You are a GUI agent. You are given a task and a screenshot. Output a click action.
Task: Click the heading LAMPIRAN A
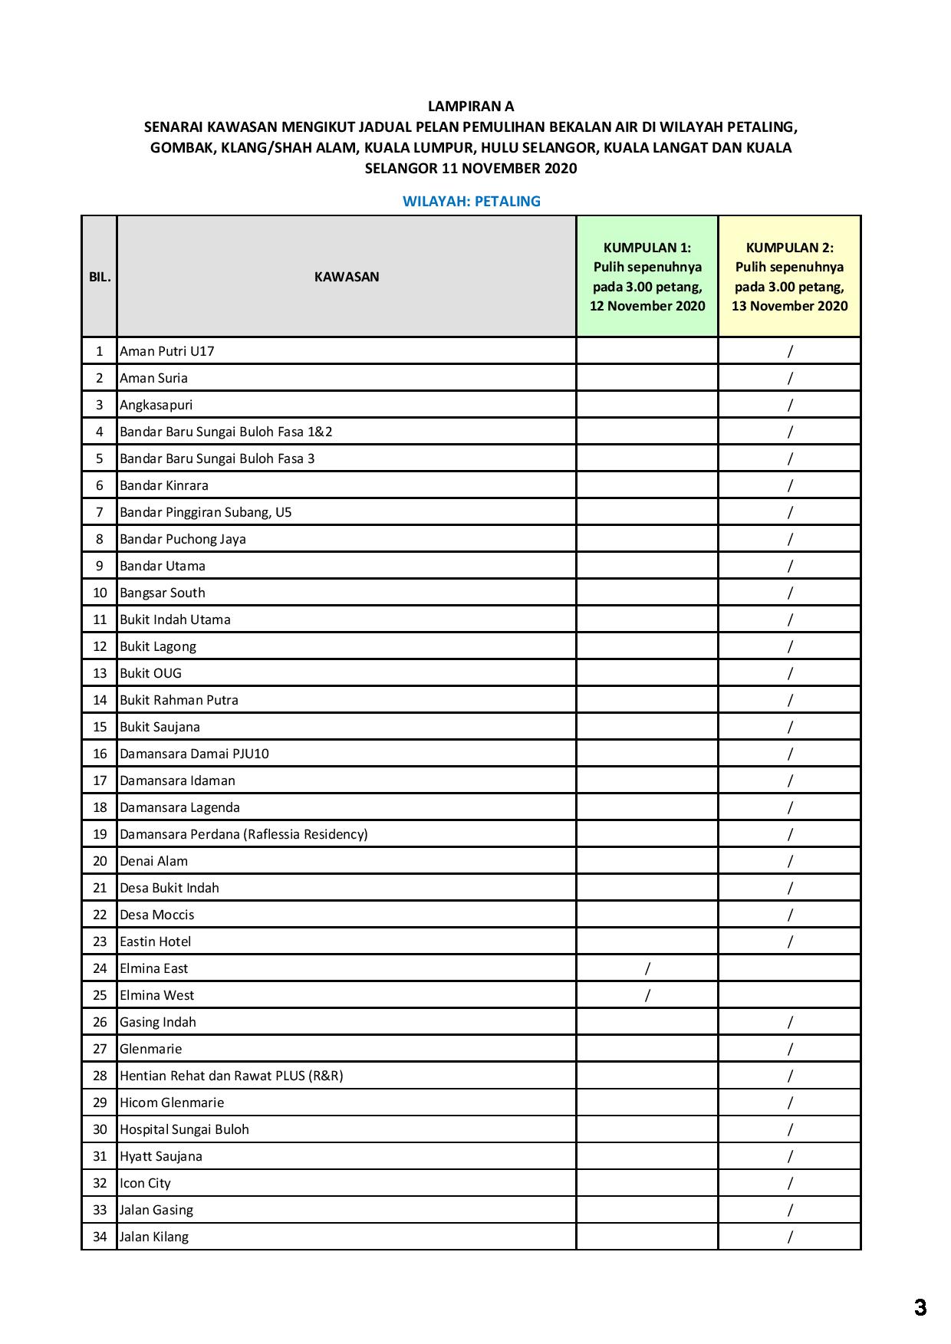470,107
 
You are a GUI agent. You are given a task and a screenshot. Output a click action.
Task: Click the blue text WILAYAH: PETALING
471,202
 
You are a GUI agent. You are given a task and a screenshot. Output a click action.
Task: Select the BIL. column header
100,277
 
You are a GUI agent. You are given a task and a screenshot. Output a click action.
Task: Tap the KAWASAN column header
346,277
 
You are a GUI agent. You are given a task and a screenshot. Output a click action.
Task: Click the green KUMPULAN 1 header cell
647,277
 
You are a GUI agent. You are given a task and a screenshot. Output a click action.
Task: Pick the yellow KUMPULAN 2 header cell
789,277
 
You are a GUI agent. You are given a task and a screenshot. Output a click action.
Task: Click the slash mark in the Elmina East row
647,968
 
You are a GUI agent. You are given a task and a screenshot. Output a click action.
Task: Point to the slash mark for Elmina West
647,995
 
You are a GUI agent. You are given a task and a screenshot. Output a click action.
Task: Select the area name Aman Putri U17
166,351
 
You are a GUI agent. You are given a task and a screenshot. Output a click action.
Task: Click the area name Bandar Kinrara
163,485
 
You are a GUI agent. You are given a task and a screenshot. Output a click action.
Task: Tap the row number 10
100,593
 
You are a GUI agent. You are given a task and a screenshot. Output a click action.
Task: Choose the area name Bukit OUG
150,673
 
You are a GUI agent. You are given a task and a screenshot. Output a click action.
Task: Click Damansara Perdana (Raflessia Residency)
243,834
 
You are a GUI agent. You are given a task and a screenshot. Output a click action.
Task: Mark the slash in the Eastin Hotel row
790,941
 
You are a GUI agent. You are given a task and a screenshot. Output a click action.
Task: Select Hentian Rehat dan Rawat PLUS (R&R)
231,1076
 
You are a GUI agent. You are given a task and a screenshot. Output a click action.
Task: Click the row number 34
100,1237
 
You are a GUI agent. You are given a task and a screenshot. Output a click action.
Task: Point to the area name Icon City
145,1183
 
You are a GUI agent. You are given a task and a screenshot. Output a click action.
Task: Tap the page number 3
920,1307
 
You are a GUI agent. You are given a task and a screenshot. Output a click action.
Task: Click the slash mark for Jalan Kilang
790,1237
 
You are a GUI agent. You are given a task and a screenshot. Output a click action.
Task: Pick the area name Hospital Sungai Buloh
184,1129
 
